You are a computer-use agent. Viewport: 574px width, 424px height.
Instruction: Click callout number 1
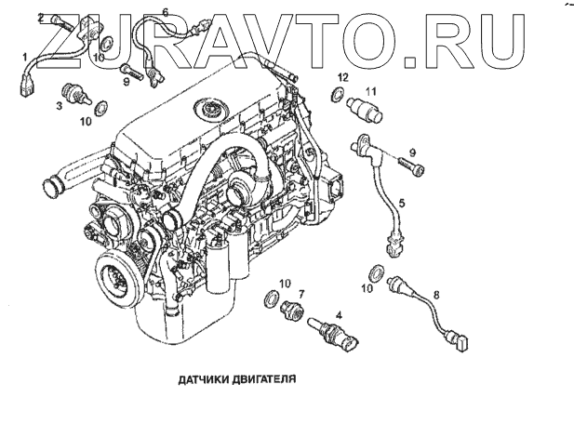26,57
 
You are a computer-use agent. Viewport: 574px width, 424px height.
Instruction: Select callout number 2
41,18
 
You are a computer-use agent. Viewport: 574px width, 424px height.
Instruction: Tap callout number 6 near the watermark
166,11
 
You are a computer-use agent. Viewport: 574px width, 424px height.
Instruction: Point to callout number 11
369,90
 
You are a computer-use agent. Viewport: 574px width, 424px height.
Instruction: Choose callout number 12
342,76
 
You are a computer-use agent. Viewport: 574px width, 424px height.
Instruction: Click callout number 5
401,202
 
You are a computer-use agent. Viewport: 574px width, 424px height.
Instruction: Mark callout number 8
437,295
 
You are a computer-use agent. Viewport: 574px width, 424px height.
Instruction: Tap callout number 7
300,294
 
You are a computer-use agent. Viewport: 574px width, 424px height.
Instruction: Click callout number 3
60,107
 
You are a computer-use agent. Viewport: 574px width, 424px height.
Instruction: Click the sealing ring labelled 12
336,94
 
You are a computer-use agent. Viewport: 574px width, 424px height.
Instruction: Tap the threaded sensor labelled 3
73,96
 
